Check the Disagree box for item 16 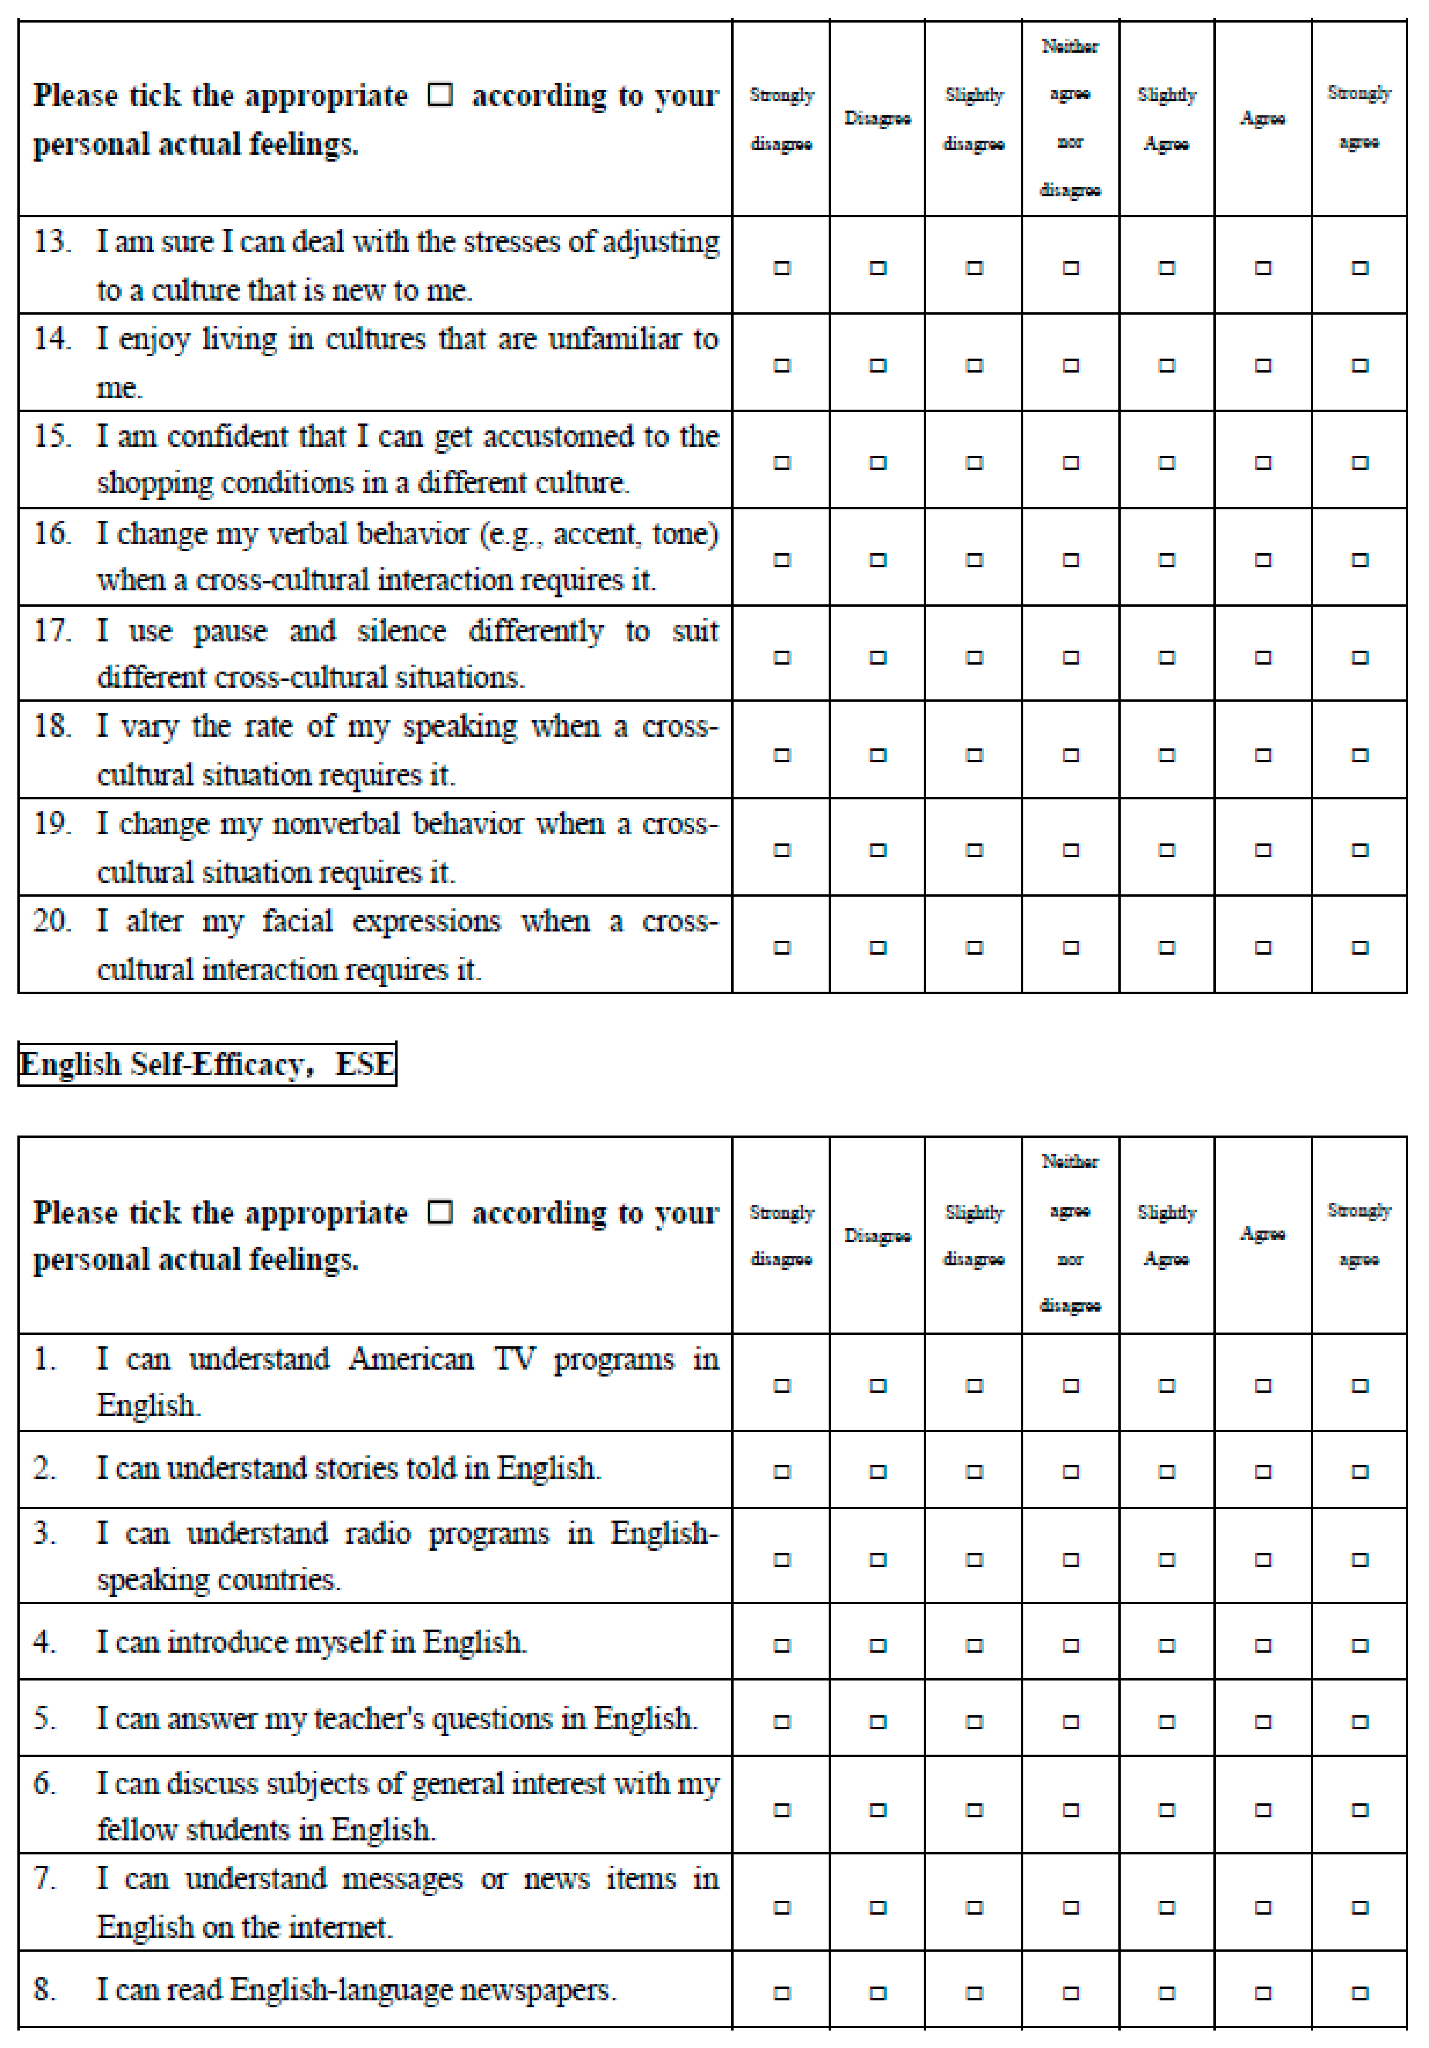click(x=878, y=560)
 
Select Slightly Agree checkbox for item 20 click(x=1167, y=947)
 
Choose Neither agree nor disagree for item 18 click(x=1070, y=756)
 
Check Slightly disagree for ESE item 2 click(x=974, y=1472)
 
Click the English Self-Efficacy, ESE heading click(x=207, y=1064)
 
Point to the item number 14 click(x=52, y=339)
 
